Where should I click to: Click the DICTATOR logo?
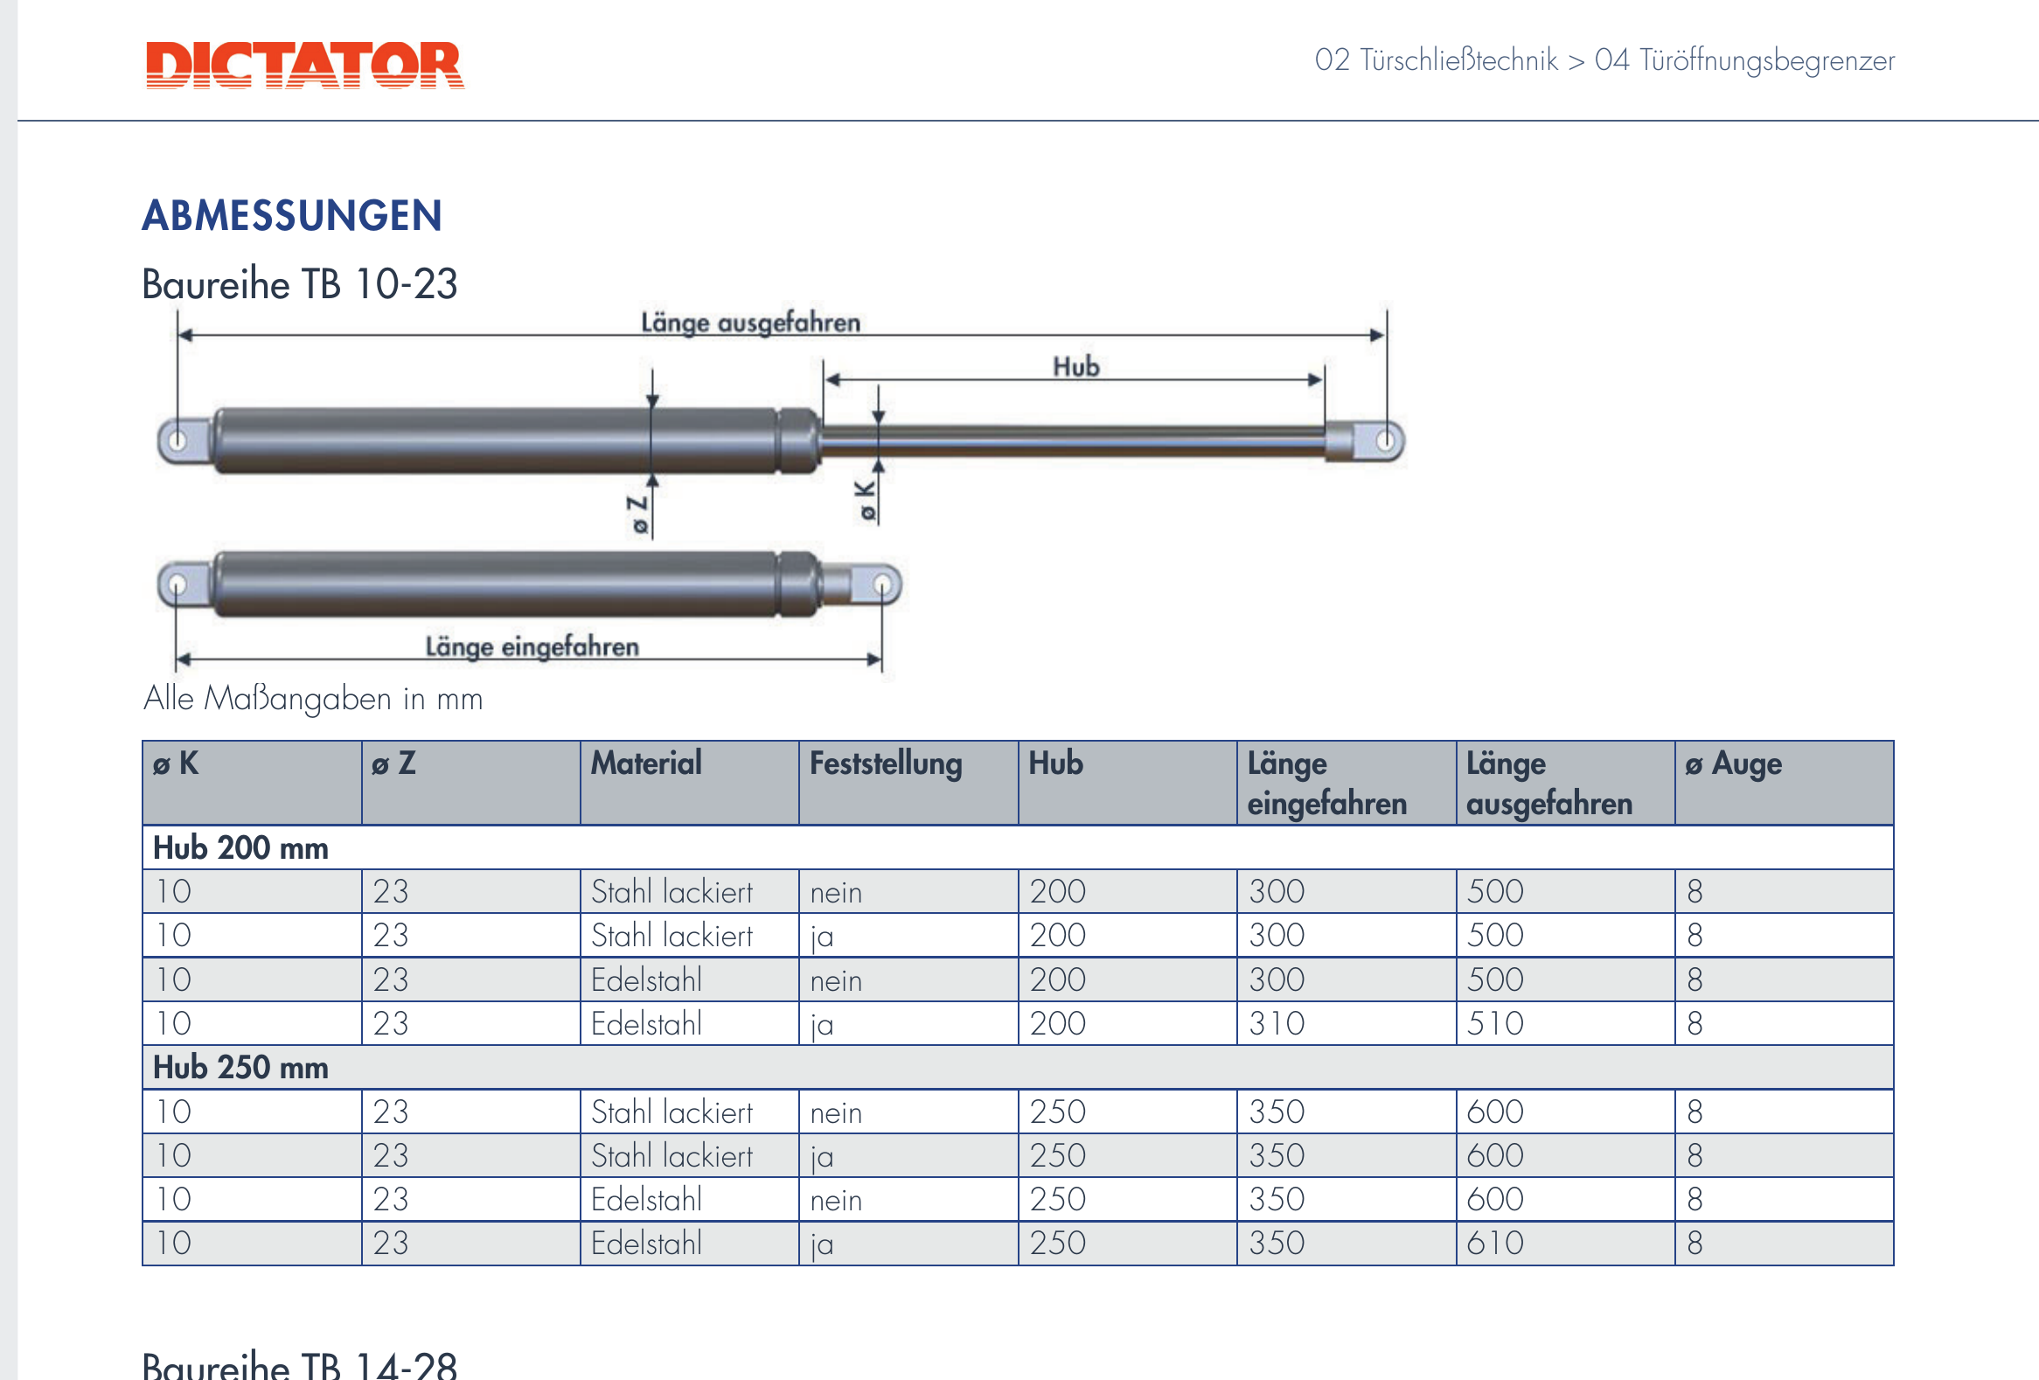(304, 65)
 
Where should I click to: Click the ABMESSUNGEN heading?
(292, 216)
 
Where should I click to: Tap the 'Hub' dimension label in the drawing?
(1075, 366)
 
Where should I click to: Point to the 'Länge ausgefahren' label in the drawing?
(750, 323)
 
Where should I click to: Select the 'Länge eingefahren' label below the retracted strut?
(532, 646)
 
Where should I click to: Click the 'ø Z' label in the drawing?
(638, 514)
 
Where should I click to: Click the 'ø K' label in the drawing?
(866, 500)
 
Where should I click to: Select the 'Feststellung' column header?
(885, 763)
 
